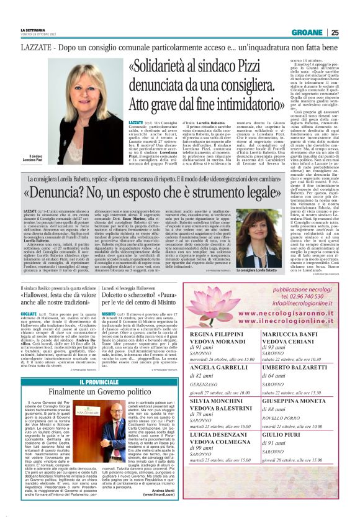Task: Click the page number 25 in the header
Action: (352, 33)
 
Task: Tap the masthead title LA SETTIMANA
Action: (34, 30)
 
